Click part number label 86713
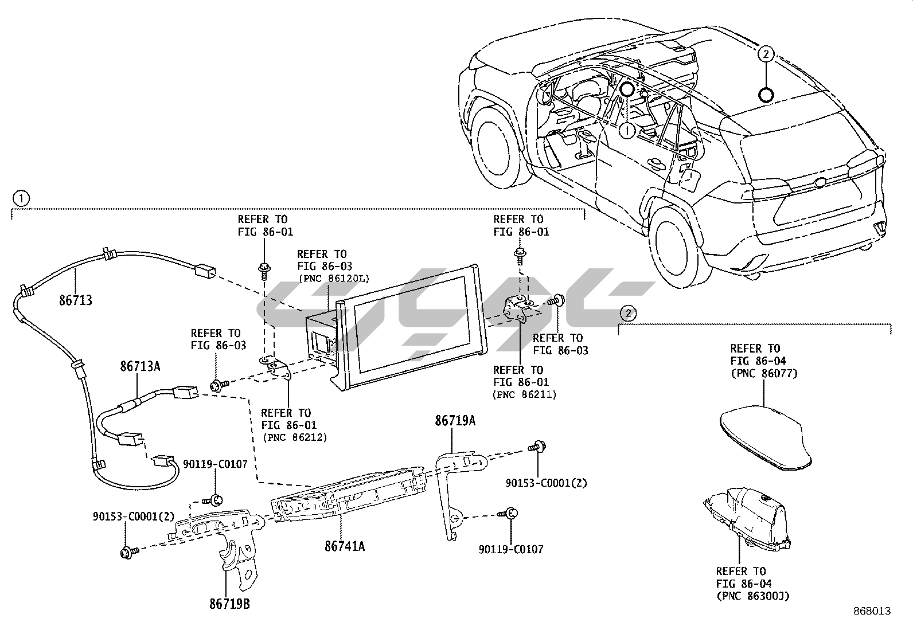75,300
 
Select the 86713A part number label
140,366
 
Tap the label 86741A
345,546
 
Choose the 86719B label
229,604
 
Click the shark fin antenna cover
766,437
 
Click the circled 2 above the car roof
766,54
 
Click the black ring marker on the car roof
766,95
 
